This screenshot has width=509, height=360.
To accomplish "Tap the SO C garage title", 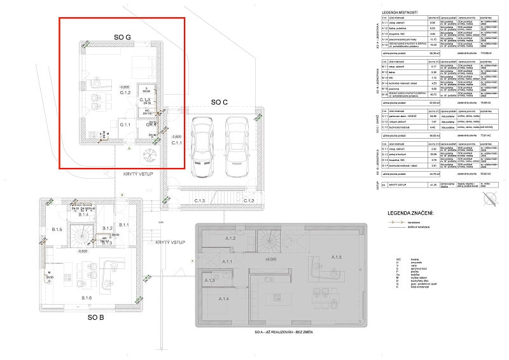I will click(x=223, y=102).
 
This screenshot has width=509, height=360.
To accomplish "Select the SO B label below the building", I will click(x=95, y=316).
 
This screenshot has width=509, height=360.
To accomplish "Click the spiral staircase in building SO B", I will click(x=83, y=236).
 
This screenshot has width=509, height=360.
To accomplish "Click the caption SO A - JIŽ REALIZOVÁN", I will click(x=281, y=333).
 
